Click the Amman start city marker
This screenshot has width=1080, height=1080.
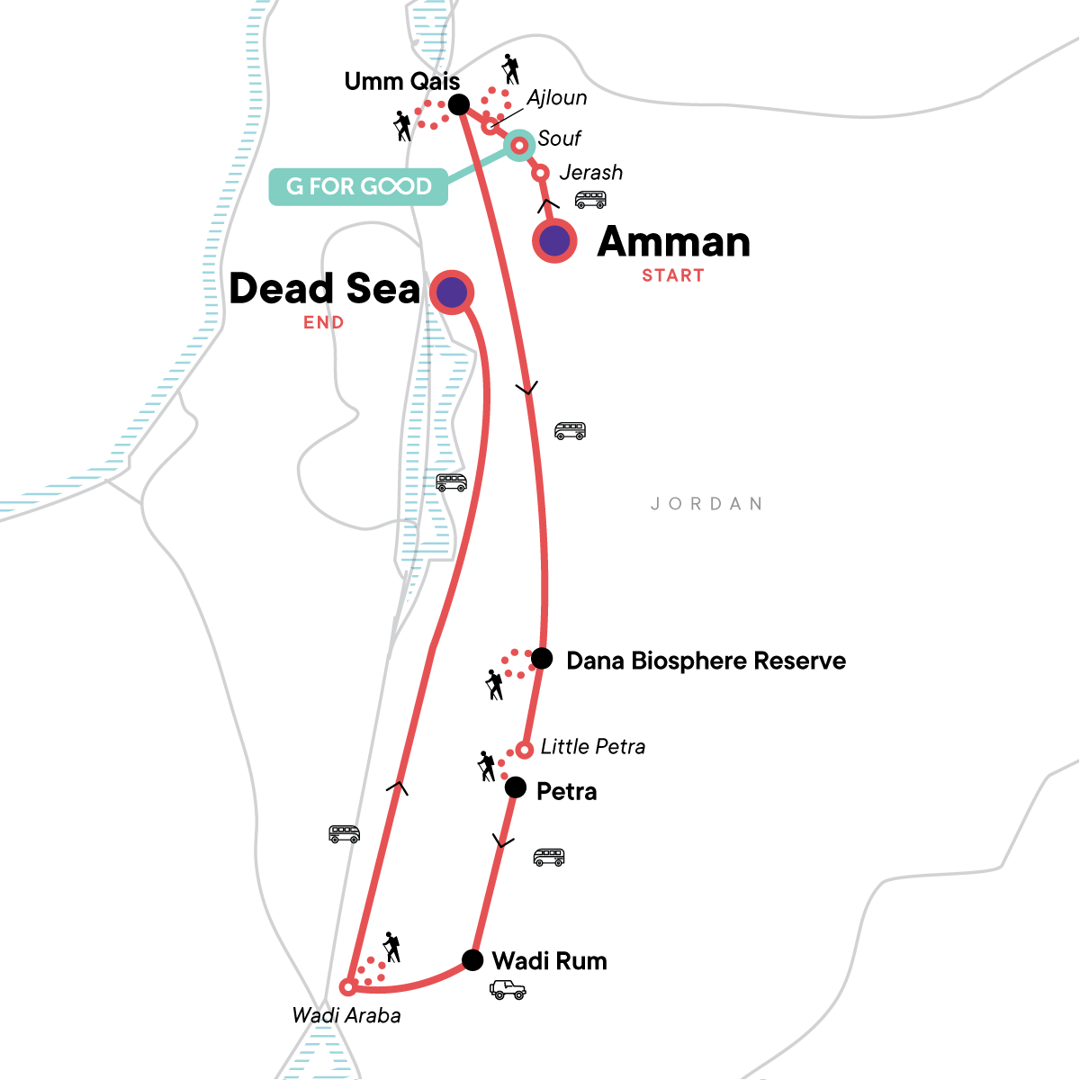555,240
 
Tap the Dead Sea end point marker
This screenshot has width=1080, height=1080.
452,292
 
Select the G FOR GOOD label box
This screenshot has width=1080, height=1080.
358,186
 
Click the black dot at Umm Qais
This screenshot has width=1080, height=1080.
458,104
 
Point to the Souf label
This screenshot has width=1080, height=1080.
559,139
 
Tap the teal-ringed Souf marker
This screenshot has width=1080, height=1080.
519,144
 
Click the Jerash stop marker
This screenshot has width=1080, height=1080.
541,173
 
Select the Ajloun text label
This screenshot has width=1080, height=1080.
557,98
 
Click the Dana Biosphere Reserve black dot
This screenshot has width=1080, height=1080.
542,658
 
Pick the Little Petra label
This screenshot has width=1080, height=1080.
592,746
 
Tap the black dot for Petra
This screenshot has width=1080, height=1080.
515,788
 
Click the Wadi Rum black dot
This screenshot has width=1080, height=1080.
472,960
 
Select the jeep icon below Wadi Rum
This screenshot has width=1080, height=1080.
508,990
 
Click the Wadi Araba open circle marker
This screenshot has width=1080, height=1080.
348,987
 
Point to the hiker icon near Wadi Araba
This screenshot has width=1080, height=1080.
391,947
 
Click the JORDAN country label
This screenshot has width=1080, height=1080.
706,504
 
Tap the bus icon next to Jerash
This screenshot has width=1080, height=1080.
590,200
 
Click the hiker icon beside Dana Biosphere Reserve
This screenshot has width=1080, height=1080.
494,685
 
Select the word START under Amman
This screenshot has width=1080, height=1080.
672,275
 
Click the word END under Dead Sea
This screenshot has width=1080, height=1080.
323,322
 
